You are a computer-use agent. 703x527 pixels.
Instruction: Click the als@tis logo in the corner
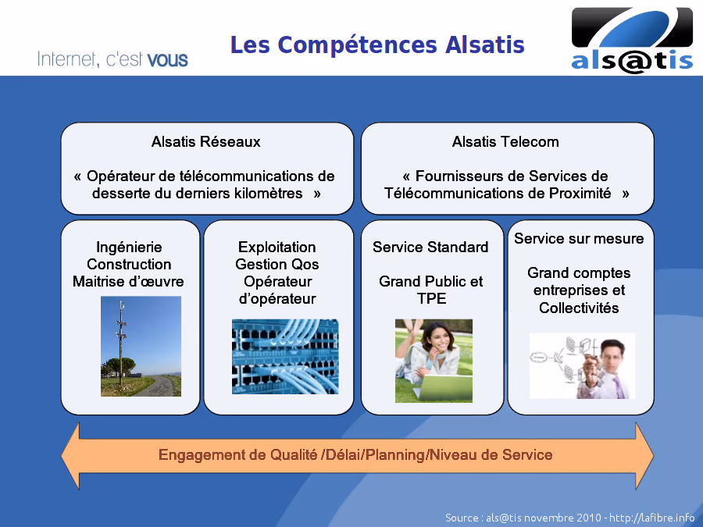[x=632, y=41]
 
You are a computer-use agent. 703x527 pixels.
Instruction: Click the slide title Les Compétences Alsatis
[x=377, y=45]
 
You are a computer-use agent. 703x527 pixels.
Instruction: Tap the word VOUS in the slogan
[x=167, y=60]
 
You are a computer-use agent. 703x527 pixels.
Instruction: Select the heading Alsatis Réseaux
[x=205, y=141]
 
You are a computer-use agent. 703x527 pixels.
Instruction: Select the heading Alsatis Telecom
[x=505, y=141]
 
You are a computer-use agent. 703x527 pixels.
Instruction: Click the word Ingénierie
[x=129, y=247]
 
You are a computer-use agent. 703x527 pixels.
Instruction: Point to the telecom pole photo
[x=141, y=346]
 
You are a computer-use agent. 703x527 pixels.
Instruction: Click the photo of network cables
[x=285, y=357]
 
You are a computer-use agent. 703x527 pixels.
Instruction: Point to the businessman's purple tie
[x=619, y=386]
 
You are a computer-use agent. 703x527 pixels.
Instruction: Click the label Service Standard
[x=430, y=247]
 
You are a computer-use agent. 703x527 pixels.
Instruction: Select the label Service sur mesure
[x=579, y=238]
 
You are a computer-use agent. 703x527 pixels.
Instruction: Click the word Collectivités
[x=579, y=308]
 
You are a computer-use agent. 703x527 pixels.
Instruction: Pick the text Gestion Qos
[x=277, y=264]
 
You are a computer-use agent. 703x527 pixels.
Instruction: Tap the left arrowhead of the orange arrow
[x=70, y=455]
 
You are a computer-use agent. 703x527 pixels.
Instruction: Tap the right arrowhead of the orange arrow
[x=644, y=455]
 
